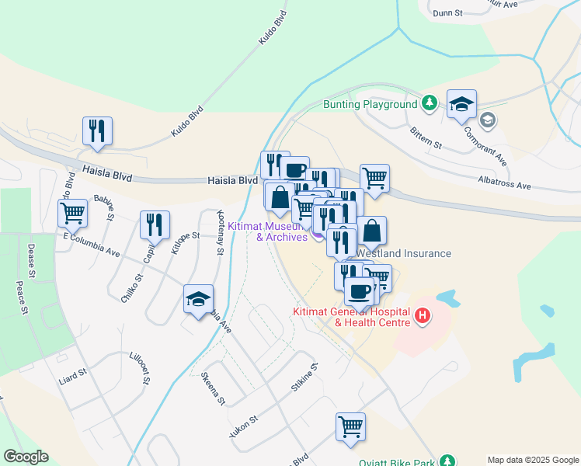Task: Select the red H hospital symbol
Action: tap(423, 315)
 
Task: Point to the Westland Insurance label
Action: tap(404, 253)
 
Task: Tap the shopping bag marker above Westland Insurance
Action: tap(372, 231)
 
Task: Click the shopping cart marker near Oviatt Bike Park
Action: tap(350, 426)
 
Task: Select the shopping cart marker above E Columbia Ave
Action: tap(73, 212)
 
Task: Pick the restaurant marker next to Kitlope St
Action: tap(155, 224)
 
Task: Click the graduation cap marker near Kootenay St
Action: tap(198, 298)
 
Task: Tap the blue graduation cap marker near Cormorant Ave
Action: tap(461, 104)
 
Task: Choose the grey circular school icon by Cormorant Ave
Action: tap(489, 120)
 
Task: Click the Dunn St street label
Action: tap(447, 13)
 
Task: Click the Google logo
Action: tap(26, 457)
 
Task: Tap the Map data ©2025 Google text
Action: tap(533, 460)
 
